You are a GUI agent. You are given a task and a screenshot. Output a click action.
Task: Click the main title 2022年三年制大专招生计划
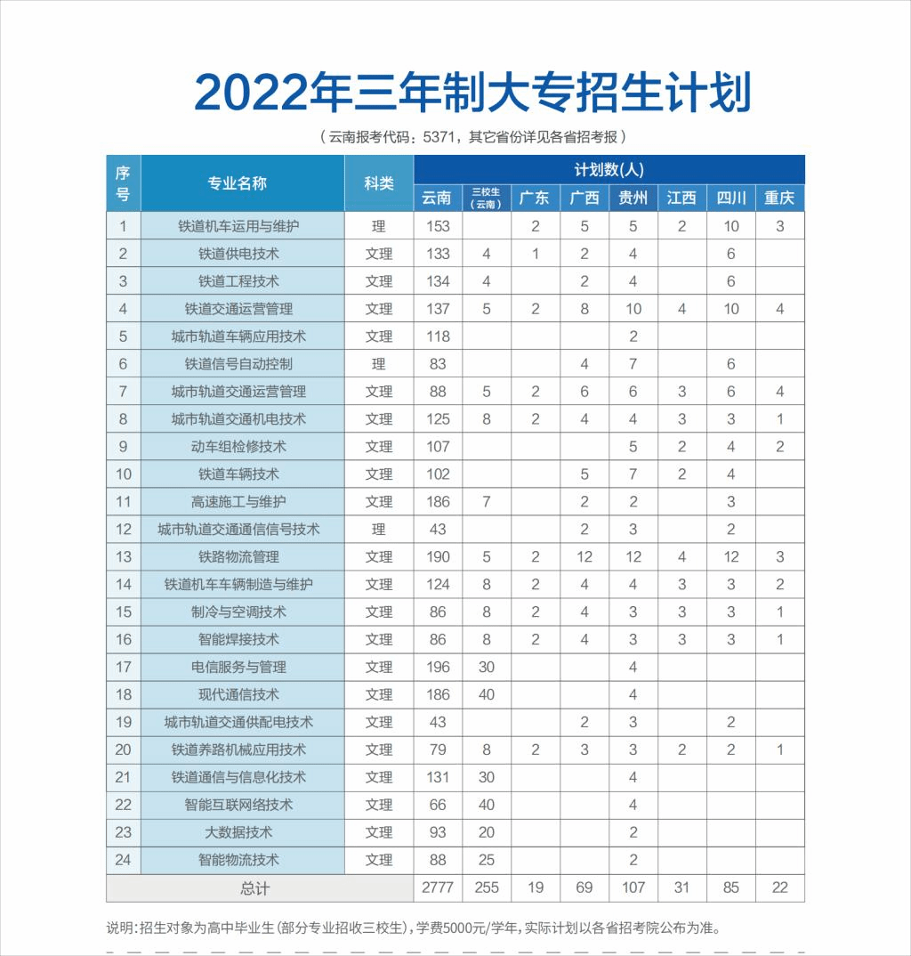pos(472,92)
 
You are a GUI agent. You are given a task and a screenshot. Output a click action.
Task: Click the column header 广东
pos(535,198)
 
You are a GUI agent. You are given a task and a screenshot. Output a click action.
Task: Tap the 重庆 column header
pos(779,198)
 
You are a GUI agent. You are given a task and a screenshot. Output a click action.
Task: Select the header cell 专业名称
pos(238,183)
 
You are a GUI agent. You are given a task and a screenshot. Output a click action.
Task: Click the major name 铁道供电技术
pos(238,254)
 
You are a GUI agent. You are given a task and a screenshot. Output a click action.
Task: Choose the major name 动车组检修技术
pos(238,447)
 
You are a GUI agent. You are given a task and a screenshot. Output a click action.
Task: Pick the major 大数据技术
pos(238,832)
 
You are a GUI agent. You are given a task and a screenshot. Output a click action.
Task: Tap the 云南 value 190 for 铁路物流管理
pos(438,557)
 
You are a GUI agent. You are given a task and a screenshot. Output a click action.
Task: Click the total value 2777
pos(438,888)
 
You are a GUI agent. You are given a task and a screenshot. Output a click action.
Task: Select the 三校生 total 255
pos(487,888)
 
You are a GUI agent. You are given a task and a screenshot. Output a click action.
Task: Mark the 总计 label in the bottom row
pos(254,888)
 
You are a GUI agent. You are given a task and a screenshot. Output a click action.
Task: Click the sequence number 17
pos(124,668)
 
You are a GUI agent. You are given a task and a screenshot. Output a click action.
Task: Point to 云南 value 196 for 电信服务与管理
pos(438,668)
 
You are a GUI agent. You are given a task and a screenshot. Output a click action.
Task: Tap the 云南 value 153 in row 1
pos(438,226)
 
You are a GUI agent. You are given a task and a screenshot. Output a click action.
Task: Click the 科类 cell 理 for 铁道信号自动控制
pos(379,364)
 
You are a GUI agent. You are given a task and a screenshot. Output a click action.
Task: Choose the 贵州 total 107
pos(633,888)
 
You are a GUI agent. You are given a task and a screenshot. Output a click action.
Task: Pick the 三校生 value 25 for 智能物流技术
pos(487,860)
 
